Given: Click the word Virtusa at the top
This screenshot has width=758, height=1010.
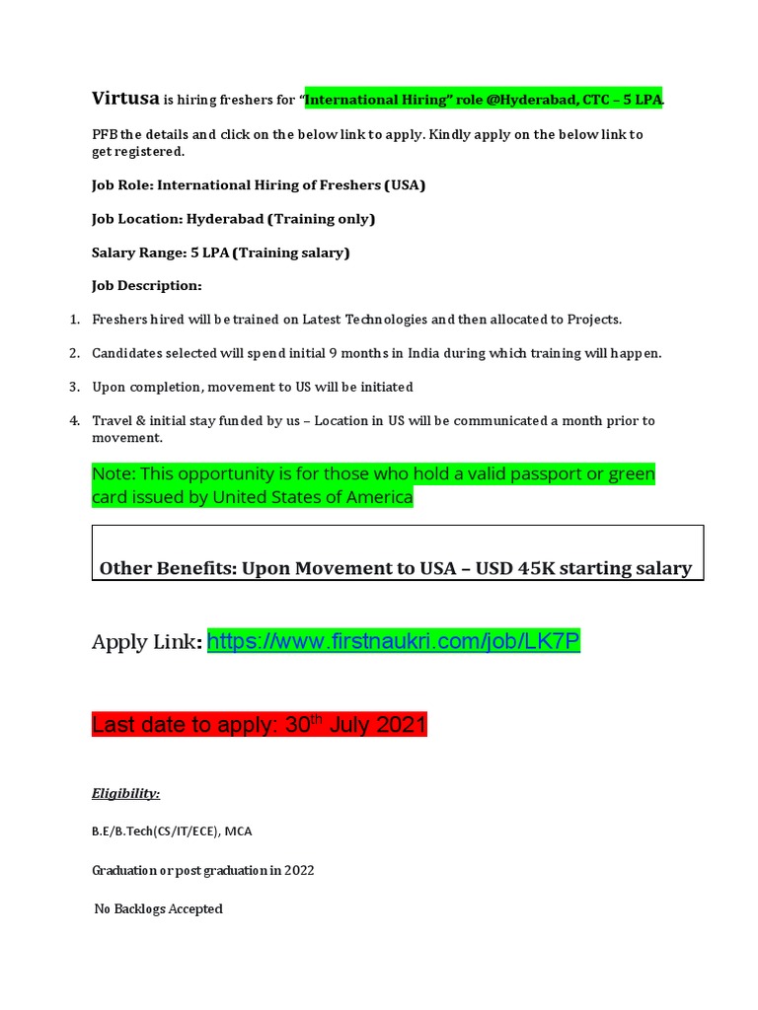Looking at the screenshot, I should tap(125, 98).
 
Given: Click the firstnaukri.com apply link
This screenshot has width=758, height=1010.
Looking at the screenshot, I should tap(394, 642).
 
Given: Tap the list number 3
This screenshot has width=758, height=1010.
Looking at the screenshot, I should tap(74, 387).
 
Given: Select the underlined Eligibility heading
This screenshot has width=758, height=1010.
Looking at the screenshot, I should tap(126, 793).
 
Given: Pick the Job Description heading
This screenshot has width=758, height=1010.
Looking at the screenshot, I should tap(146, 286).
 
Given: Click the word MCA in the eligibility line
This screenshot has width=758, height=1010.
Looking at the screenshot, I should tap(238, 831).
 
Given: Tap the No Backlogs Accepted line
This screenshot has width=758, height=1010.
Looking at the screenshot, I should tap(158, 908).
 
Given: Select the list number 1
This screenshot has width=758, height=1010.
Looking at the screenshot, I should tap(74, 320).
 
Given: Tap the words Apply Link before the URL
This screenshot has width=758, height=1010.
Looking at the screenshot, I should tap(145, 643).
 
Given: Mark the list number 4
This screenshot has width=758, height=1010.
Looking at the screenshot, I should tap(74, 421).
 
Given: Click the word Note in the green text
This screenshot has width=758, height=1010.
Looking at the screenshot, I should tap(112, 474).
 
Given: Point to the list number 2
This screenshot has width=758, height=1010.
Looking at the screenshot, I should tap(74, 353).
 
